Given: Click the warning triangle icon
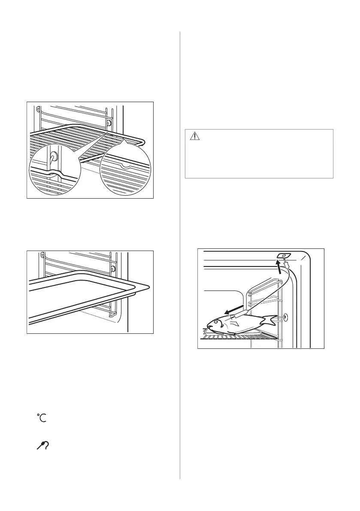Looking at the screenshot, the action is (196, 136).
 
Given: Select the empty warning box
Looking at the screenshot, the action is (259, 153).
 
